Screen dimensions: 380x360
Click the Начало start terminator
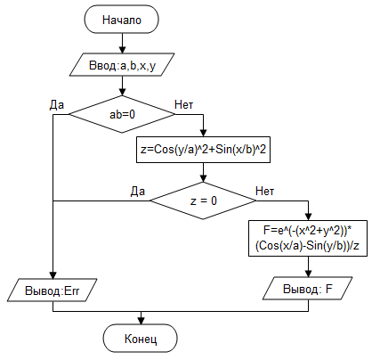[122, 20]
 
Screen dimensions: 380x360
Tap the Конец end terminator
[141, 339]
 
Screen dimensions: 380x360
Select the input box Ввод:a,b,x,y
[122, 65]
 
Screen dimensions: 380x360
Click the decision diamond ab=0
[122, 114]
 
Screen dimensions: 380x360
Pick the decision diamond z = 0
[203, 200]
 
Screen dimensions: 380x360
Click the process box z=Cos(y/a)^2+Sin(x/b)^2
[203, 150]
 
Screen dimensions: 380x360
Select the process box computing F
[308, 238]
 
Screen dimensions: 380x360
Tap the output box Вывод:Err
[53, 290]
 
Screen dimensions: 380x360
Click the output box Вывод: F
[308, 289]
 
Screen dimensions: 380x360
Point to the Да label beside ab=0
[56, 105]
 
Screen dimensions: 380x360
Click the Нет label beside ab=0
[184, 104]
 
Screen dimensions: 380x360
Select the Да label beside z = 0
[138, 192]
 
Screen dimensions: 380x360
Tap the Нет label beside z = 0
[264, 191]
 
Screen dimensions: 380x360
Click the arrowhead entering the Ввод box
[122, 50]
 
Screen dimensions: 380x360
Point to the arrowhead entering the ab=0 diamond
[122, 92]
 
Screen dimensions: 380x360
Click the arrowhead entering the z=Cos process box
[203, 133]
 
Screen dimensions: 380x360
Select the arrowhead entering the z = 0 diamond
[203, 178]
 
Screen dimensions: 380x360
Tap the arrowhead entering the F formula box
[309, 217]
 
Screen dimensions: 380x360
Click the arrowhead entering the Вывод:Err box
[53, 275]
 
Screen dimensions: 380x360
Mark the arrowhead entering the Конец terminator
[141, 321]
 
